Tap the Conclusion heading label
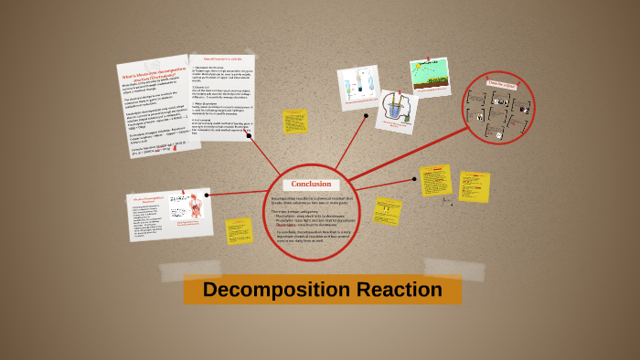point(311,184)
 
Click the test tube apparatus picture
point(357,89)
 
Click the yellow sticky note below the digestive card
point(240,230)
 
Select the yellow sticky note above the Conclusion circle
point(295,122)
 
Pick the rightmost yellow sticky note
point(474,186)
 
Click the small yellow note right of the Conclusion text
point(388,212)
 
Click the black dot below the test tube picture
point(366,116)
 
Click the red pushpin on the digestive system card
point(183,193)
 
